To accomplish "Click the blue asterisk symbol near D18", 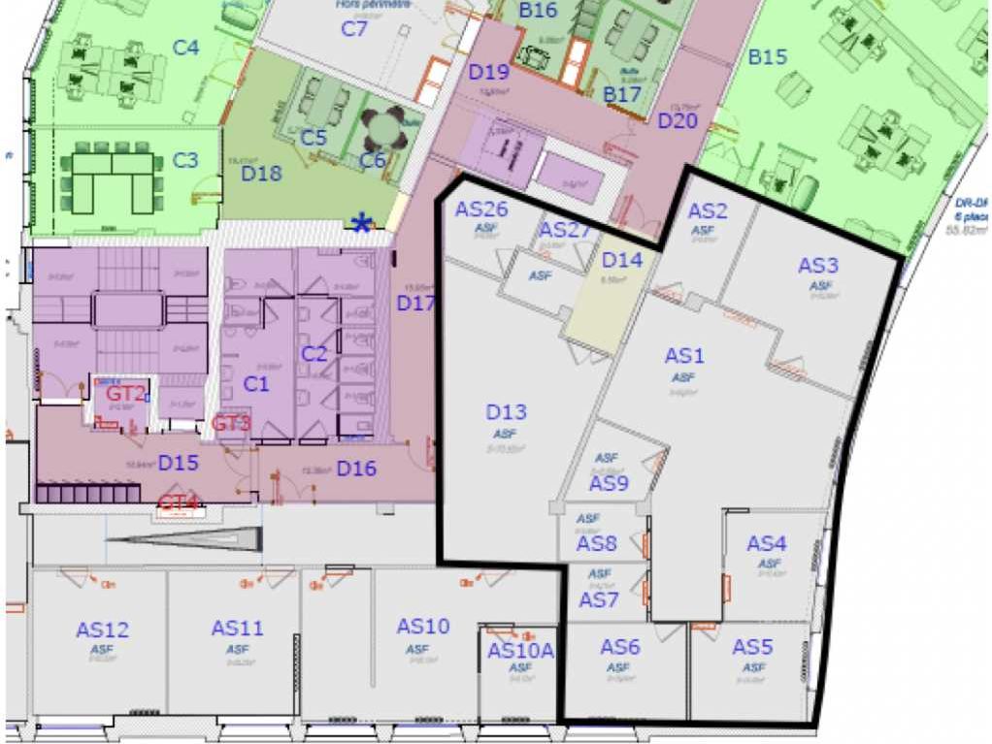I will (361, 225).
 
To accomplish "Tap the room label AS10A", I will (520, 650).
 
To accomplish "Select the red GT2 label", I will (126, 393).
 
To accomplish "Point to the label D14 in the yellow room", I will (622, 260).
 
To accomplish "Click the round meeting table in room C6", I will (383, 127).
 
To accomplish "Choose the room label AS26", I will (481, 210).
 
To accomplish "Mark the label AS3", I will (818, 265).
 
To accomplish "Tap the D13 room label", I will (506, 412).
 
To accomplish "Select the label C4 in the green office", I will (186, 47).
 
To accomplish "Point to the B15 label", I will (767, 57).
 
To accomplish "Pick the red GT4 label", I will (179, 501).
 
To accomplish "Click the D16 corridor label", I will (356, 469).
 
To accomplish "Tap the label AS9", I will (609, 482).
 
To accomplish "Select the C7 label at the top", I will (354, 28).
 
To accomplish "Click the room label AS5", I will (752, 647).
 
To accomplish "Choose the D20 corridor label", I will (678, 121).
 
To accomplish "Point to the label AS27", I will (565, 230).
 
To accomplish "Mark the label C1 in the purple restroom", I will (255, 384).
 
